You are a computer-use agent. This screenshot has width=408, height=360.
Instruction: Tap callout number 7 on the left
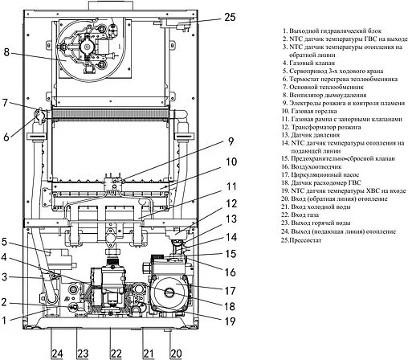(x=6, y=103)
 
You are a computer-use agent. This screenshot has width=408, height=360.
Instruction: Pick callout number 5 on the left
(x=6, y=240)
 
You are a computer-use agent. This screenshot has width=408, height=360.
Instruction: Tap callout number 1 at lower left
(x=6, y=320)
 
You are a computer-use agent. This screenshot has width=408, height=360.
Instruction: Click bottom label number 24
(x=56, y=353)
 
